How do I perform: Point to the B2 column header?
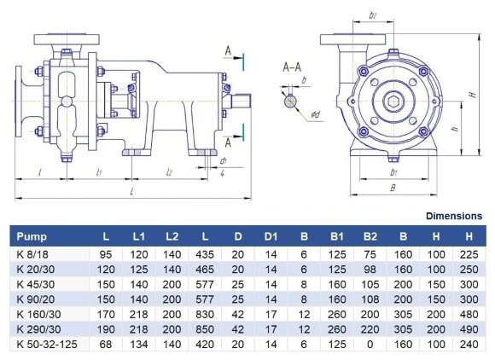click(370, 236)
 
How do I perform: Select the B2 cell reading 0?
click(370, 345)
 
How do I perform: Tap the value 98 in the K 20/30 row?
click(370, 269)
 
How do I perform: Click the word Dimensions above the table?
click(453, 217)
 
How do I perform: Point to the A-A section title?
click(294, 66)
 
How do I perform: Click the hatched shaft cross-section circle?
click(292, 101)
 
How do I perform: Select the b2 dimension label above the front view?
click(372, 15)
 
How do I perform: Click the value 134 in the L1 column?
click(137, 345)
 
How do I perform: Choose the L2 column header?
click(170, 236)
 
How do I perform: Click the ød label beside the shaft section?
click(314, 113)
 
